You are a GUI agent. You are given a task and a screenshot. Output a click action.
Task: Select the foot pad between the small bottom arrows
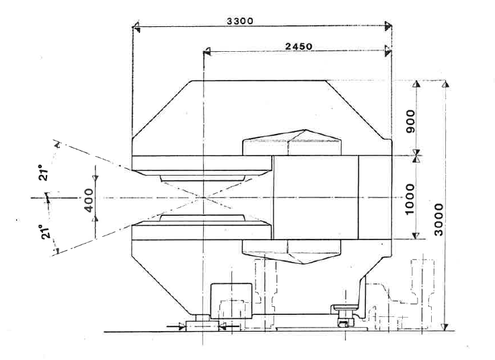202,325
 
